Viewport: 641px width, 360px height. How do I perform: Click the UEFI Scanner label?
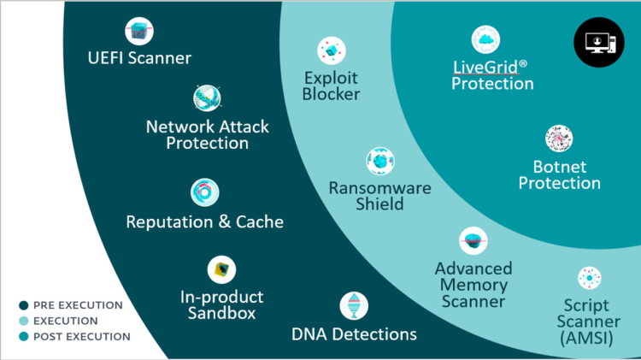tap(139, 59)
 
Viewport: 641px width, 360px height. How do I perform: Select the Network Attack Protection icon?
tap(208, 98)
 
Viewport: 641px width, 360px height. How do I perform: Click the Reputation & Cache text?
tap(204, 221)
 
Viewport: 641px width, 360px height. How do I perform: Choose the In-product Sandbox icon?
tap(222, 271)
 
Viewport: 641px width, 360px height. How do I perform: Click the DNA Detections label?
tap(354, 333)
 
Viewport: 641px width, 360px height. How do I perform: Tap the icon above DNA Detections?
tap(354, 305)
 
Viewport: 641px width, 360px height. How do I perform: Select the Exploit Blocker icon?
tap(331, 50)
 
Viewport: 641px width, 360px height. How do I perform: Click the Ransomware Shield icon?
tap(379, 161)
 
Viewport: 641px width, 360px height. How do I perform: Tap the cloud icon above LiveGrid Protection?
tap(485, 39)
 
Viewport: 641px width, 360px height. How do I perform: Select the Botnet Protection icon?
tap(559, 139)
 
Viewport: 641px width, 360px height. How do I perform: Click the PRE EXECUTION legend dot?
tap(23, 305)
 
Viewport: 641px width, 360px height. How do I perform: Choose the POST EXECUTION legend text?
tap(81, 336)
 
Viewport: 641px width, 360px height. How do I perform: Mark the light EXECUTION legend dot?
tap(23, 321)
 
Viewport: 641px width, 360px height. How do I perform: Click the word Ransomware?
tap(380, 188)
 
